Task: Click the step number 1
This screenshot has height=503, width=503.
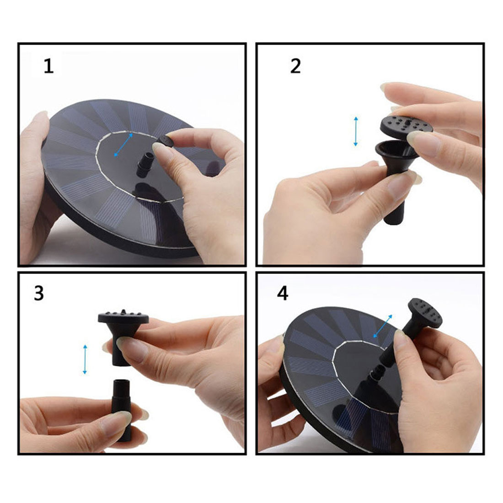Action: pos(48,67)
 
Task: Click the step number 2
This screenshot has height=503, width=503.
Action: pos(295,66)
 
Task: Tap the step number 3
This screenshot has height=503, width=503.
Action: pos(39,293)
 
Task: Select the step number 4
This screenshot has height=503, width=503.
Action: pos(282,293)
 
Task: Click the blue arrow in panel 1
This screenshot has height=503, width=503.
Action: pos(123,145)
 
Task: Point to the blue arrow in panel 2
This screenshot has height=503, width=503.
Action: pos(355,132)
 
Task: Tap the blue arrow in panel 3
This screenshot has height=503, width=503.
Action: pos(85,359)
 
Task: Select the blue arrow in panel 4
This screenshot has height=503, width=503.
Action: pos(383,326)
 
